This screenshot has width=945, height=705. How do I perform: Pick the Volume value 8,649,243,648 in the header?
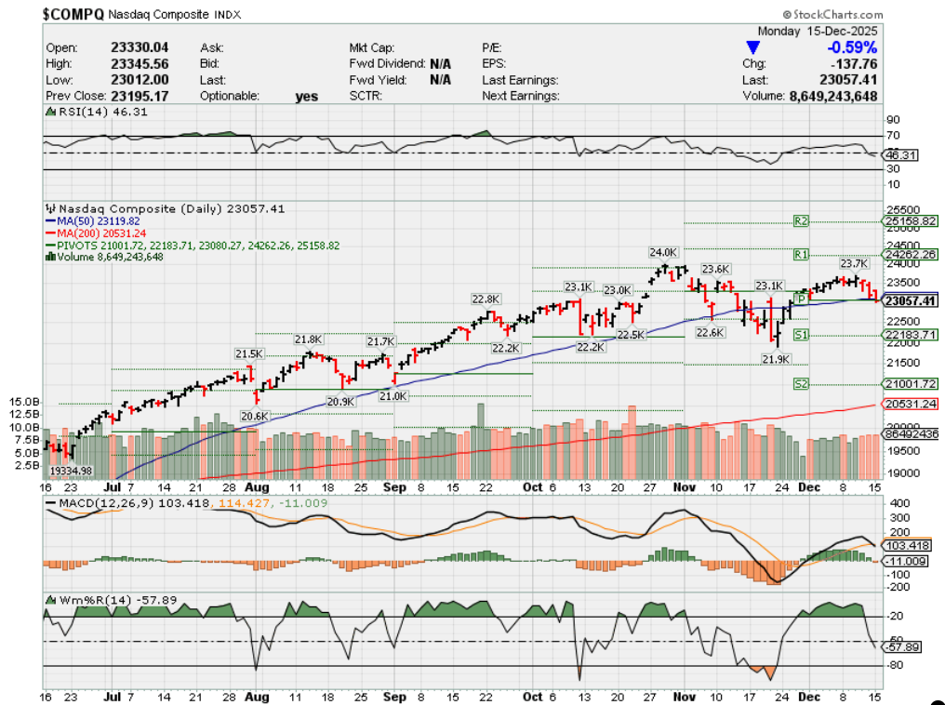[x=833, y=95]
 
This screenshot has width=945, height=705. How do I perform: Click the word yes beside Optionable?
[x=306, y=96]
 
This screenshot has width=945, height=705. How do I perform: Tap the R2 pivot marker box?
[x=801, y=221]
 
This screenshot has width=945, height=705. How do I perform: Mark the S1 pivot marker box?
[x=801, y=334]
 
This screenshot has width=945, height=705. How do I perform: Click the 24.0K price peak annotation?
[x=664, y=252]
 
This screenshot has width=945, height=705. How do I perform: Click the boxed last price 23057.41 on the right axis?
[x=910, y=300]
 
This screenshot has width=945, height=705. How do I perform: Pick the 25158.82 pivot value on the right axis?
[x=910, y=221]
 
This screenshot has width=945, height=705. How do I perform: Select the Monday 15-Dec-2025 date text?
[x=818, y=31]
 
